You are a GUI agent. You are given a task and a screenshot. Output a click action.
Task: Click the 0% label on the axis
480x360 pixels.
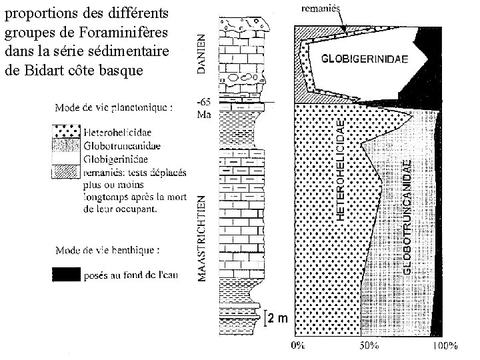(x=299, y=345)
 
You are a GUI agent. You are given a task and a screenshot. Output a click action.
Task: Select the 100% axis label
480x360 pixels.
(x=445, y=345)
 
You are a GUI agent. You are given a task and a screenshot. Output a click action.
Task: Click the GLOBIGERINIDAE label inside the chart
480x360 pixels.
(x=366, y=58)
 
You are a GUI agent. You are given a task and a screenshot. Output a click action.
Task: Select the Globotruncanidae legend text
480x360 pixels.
(x=121, y=147)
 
